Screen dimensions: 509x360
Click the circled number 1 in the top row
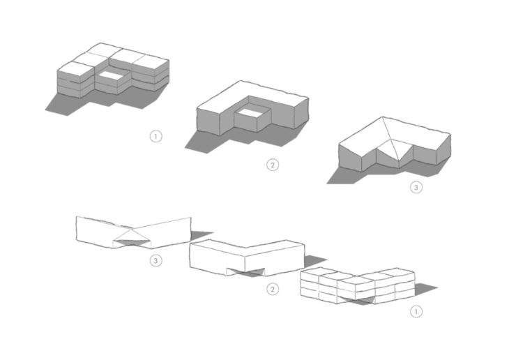[155, 137]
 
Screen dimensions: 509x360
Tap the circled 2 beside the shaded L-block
[273, 165]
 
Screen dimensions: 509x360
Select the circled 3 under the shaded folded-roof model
[416, 187]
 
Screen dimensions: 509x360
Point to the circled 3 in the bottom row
[155, 261]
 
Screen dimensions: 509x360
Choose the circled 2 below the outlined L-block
[273, 289]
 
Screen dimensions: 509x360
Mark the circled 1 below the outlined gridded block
[416, 312]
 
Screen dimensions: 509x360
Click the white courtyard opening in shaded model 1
[112, 75]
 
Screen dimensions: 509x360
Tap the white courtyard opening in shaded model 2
[252, 112]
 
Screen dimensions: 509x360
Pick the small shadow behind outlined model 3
[200, 235]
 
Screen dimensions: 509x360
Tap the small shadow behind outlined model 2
[314, 261]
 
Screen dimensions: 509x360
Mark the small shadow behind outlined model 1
[425, 289]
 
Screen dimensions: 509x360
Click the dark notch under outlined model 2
[246, 271]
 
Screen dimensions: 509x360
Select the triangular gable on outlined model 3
[132, 235]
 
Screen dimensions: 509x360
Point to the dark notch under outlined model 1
[357, 300]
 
